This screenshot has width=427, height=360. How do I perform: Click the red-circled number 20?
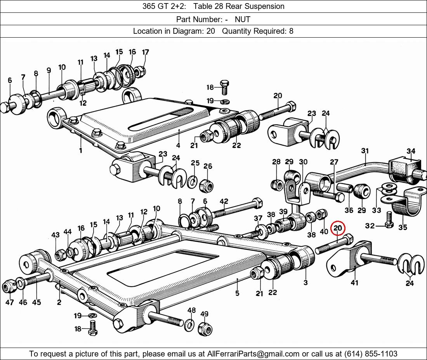click(338, 228)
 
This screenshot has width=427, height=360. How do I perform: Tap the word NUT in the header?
click(242, 19)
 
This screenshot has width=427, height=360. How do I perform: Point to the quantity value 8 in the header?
click(291, 31)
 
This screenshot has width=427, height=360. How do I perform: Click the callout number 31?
click(365, 151)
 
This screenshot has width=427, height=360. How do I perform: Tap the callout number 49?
click(204, 314)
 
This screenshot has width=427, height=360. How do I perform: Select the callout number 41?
click(354, 283)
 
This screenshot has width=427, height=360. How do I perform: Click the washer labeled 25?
click(192, 182)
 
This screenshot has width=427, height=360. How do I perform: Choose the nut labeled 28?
click(276, 185)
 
